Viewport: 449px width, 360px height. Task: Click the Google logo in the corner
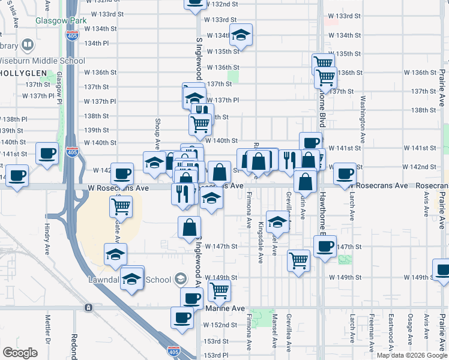pos(20,353)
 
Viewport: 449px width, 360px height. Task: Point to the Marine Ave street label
pos(225,308)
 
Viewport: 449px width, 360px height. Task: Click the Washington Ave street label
pos(363,118)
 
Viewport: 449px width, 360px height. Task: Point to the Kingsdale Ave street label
pos(261,243)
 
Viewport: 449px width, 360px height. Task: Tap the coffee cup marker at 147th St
pos(325,246)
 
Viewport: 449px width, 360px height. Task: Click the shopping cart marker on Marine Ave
pos(219,290)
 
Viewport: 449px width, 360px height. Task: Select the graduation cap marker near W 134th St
pos(241,35)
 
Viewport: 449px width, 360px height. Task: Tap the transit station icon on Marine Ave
pos(88,308)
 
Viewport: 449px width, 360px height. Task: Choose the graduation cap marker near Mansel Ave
pos(277,223)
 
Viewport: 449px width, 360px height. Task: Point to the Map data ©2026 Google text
pos(412,355)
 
